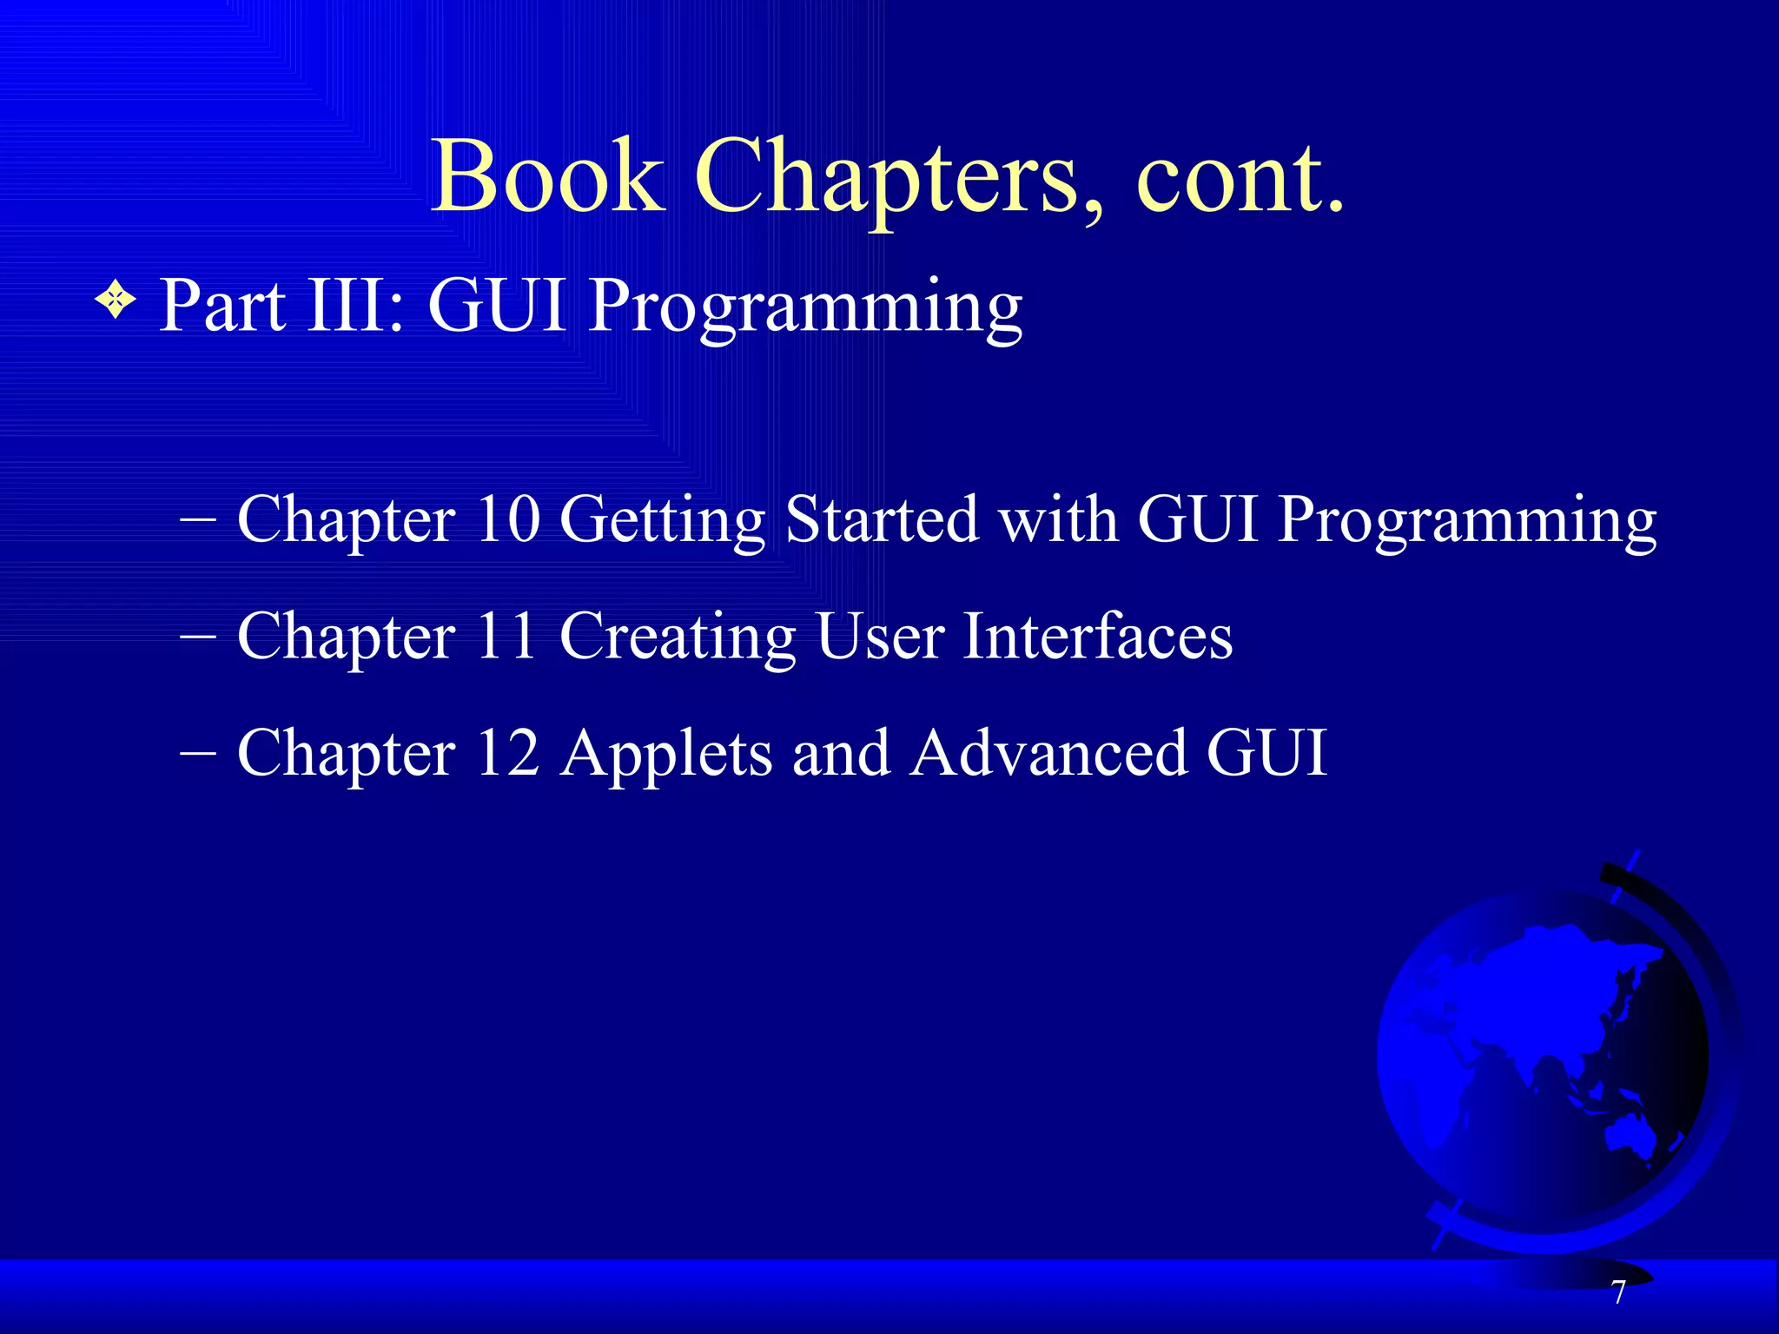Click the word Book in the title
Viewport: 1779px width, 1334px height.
pyautogui.click(x=546, y=177)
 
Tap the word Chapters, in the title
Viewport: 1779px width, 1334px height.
pyautogui.click(x=899, y=177)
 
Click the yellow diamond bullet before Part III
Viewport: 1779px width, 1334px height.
pyautogui.click(x=116, y=303)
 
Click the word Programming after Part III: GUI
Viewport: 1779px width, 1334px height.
pyautogui.click(x=805, y=308)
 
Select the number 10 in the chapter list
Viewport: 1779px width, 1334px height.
pyautogui.click(x=508, y=519)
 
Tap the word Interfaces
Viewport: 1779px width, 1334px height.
pyautogui.click(x=1098, y=636)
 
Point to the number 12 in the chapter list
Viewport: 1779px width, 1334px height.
pyautogui.click(x=508, y=752)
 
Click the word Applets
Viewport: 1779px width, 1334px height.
pyautogui.click(x=666, y=754)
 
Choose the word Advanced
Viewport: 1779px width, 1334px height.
pyautogui.click(x=1049, y=752)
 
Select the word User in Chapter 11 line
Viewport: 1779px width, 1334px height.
pyautogui.click(x=880, y=636)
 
